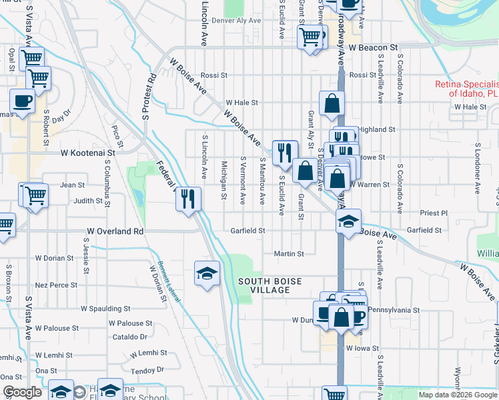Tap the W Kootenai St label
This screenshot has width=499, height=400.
pos(88,153)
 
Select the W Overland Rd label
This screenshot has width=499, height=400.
pos(115,231)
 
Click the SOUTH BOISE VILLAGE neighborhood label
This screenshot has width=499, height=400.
pos(265,285)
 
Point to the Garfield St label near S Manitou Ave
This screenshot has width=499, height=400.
pos(248,231)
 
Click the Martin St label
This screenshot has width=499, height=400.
pos(289,253)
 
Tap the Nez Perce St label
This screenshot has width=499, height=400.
pos(56,285)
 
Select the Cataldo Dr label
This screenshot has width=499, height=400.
pos(129,337)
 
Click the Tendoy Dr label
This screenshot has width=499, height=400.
pos(147,370)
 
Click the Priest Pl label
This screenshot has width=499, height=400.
pos(434,213)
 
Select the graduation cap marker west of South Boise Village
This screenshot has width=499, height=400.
pos(207,273)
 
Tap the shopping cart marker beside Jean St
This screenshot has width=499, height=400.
pos(35,195)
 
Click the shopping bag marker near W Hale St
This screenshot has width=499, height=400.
pos(332,103)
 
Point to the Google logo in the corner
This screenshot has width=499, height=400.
pos(22,392)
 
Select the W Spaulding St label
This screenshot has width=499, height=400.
pos(105,309)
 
